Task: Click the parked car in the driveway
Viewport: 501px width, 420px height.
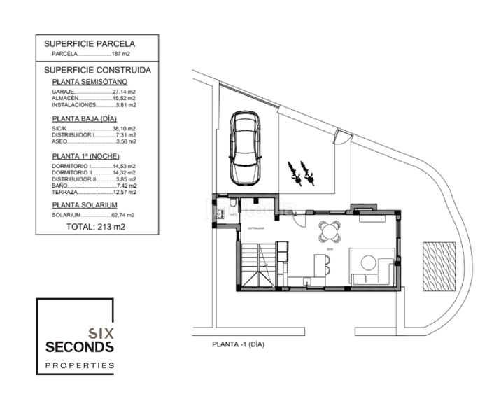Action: (x=246, y=148)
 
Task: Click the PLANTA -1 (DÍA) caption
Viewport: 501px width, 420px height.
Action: (x=238, y=344)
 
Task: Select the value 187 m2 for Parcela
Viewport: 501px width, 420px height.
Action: (x=121, y=53)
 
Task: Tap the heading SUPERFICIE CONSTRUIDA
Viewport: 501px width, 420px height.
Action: (x=97, y=70)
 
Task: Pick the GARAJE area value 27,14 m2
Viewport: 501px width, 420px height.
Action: (x=123, y=92)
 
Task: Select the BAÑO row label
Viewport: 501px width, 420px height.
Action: (x=61, y=185)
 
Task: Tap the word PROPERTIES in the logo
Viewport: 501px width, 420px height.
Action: (x=79, y=365)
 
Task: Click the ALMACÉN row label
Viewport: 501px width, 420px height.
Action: (x=66, y=98)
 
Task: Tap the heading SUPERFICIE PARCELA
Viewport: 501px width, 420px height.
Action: (x=89, y=43)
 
